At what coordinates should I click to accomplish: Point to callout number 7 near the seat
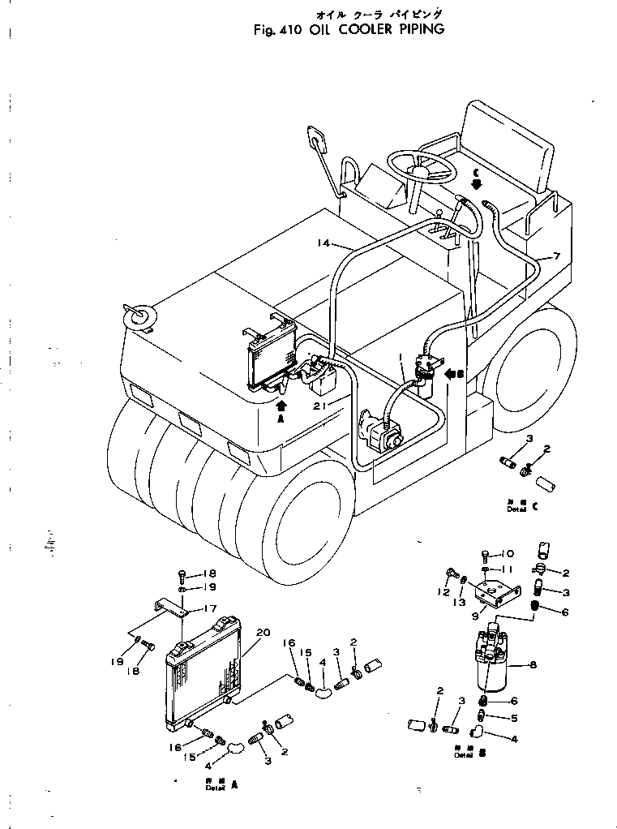tap(556, 256)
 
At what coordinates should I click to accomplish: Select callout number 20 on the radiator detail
tap(260, 634)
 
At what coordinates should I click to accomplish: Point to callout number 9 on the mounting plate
tap(484, 617)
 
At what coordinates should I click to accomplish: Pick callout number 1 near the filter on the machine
tap(401, 356)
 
